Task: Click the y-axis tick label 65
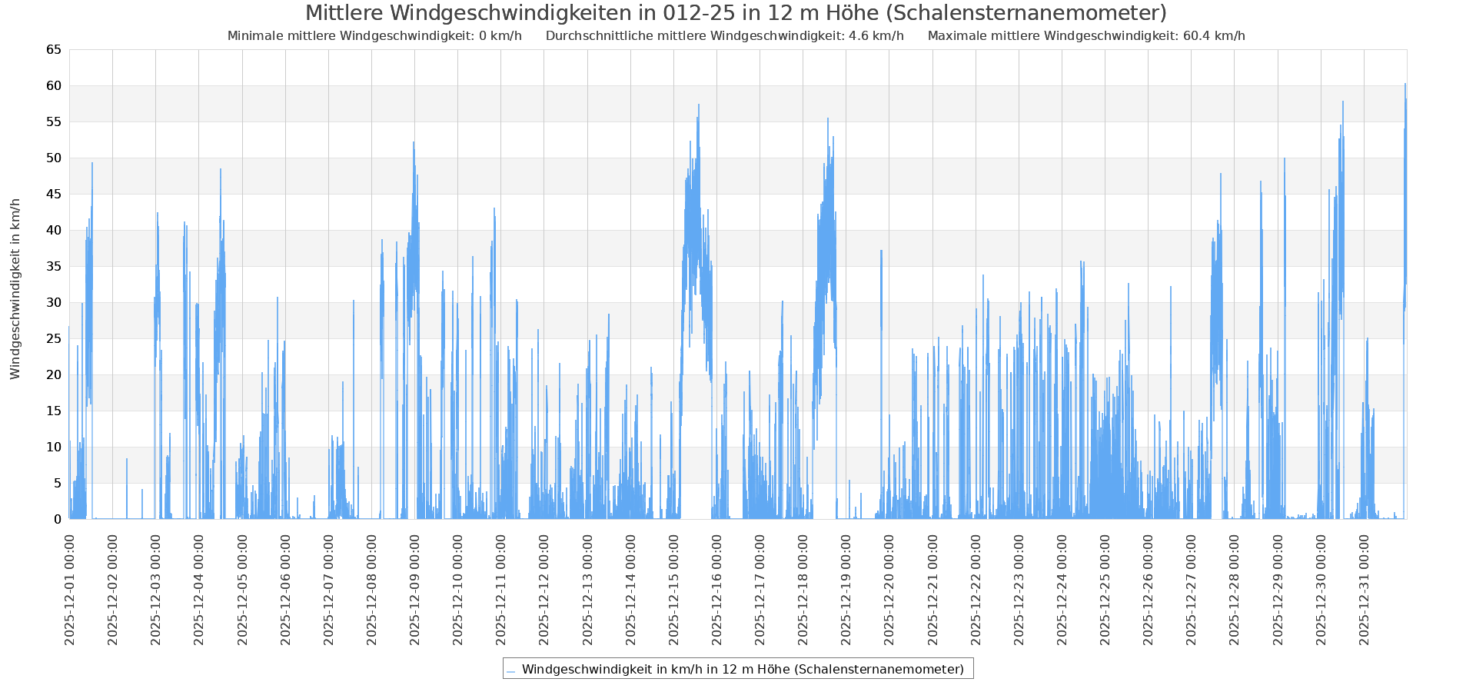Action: coord(54,50)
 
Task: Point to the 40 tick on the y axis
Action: coord(54,230)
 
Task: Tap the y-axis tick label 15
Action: coord(54,411)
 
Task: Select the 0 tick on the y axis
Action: coord(57,519)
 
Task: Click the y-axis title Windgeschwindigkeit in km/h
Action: coord(15,288)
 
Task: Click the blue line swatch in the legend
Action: coord(510,670)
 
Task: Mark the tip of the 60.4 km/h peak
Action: coord(1405,84)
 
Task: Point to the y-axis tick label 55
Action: coord(54,121)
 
